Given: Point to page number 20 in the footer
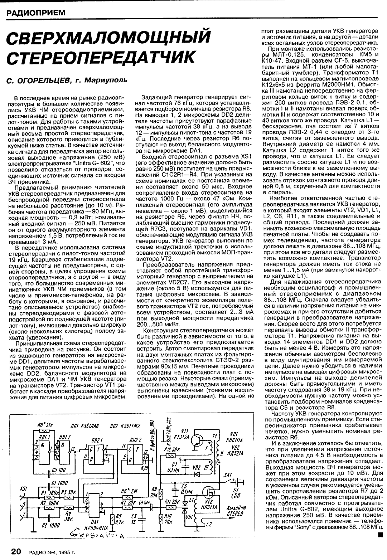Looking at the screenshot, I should pyautogui.click(x=17, y=551).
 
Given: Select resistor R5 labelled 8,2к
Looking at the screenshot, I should pyautogui.click(x=113, y=518).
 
